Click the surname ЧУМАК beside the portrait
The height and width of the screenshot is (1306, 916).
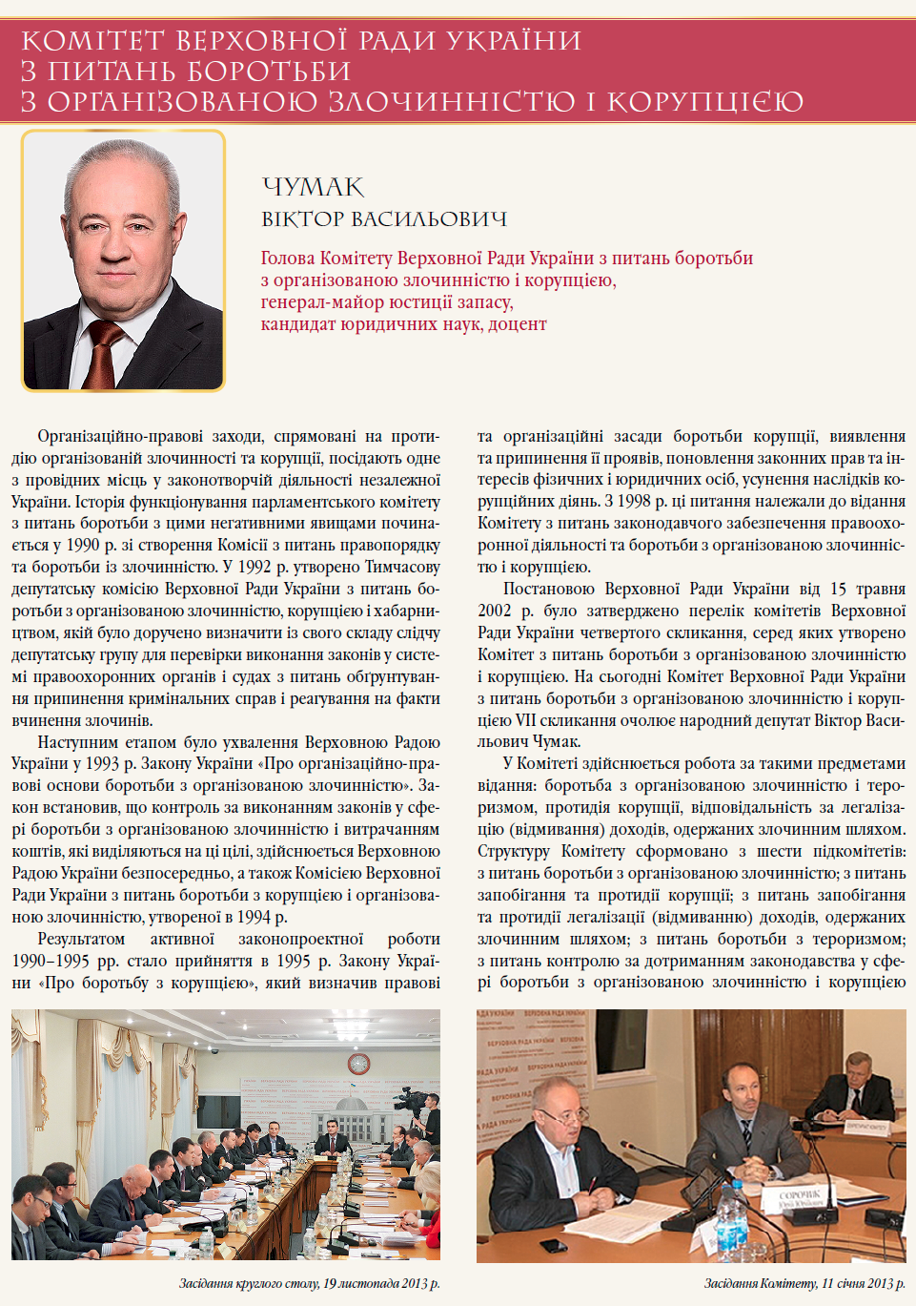point(313,187)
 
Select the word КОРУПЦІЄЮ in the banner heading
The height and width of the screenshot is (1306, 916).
point(705,101)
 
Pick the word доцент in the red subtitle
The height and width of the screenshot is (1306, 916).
point(518,324)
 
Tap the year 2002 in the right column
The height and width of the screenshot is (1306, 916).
point(494,611)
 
